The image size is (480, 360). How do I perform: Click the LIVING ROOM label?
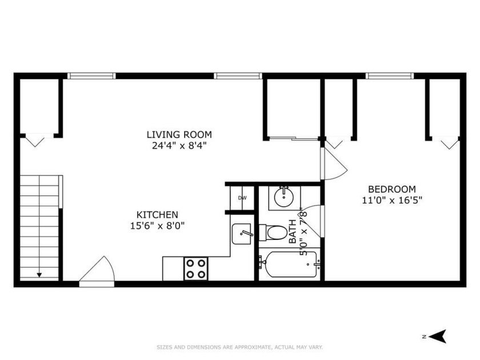coord(179,135)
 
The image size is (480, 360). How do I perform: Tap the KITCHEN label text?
coord(157,215)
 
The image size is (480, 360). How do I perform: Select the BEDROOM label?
coord(392,189)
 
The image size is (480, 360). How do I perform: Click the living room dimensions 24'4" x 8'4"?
coord(179,145)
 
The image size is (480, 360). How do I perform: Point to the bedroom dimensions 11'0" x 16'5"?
coord(392,200)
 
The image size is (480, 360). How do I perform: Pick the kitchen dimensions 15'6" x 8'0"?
coord(157,226)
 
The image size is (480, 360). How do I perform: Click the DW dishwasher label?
coord(242,198)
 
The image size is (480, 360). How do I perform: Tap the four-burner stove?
coord(196,269)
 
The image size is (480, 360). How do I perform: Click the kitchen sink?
coord(242,234)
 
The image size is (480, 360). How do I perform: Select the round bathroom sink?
coord(284,198)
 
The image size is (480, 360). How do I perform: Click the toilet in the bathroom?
coord(273,233)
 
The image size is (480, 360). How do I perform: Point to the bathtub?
coord(289,264)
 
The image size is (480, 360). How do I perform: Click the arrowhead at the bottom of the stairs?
coord(39,275)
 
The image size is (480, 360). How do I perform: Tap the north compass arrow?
coord(438,337)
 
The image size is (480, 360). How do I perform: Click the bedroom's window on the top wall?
coord(389,76)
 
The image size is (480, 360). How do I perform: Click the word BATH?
coord(293,232)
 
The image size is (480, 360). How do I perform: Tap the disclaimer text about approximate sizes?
coord(239,347)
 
